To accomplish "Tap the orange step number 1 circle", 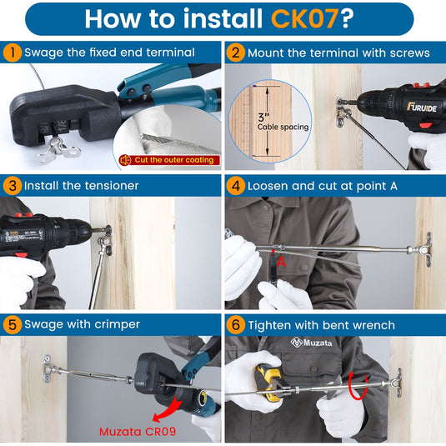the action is click(x=13, y=53).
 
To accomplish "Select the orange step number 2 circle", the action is click(x=236, y=53).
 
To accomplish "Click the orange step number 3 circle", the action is click(x=13, y=186).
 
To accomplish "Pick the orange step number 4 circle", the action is click(x=236, y=186).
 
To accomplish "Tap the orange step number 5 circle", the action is click(x=13, y=325).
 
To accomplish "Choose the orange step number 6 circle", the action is click(x=236, y=325).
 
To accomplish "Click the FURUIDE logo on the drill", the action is click(x=422, y=108).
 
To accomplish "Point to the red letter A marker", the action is click(x=281, y=262).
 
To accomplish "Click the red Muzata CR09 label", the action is click(x=138, y=432).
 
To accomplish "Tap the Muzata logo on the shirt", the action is click(x=311, y=343).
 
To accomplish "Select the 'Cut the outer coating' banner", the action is click(x=169, y=160).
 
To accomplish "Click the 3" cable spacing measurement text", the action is click(x=282, y=122).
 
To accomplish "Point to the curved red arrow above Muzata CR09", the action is click(x=168, y=410).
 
